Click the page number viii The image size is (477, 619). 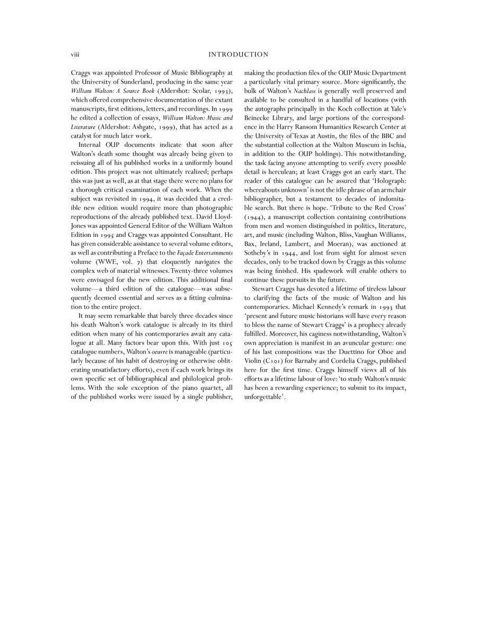tap(75, 55)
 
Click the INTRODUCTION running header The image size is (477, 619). tap(238, 55)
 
